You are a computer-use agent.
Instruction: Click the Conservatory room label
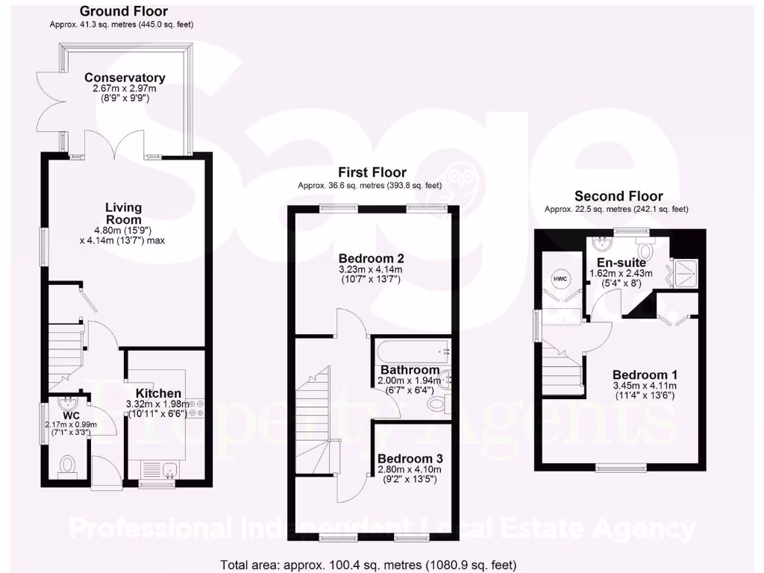click(125, 78)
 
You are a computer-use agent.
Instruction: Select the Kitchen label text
click(158, 393)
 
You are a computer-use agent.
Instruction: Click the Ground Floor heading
click(123, 11)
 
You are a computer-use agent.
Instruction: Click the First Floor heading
click(372, 172)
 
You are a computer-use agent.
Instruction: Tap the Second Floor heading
click(619, 196)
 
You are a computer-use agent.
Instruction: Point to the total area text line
click(369, 565)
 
